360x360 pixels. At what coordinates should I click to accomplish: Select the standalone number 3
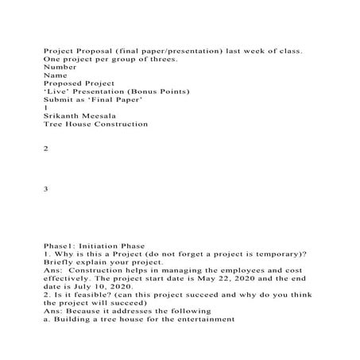point(46,189)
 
